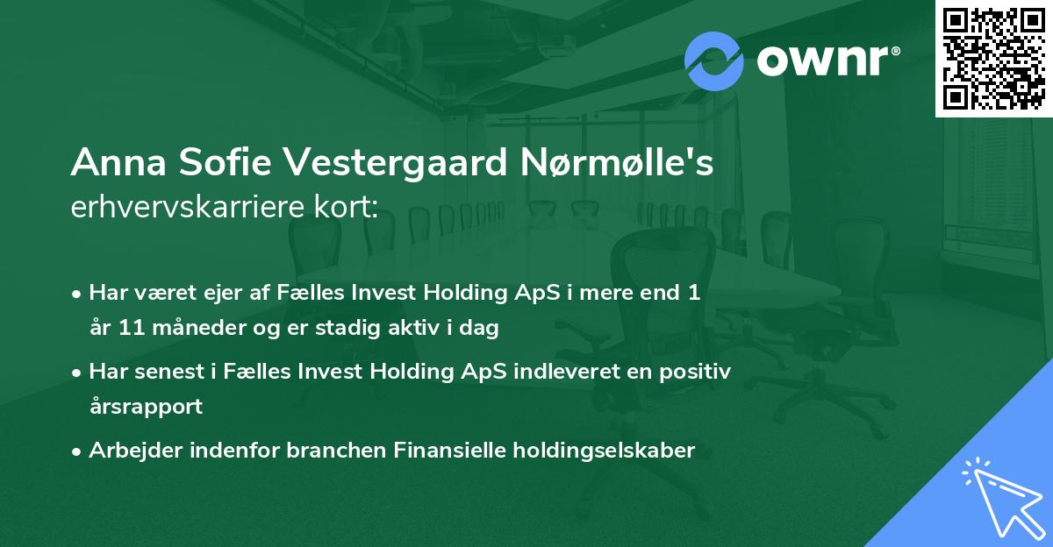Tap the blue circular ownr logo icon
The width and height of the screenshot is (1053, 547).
[x=714, y=61]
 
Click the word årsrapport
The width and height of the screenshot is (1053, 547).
[x=146, y=407]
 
